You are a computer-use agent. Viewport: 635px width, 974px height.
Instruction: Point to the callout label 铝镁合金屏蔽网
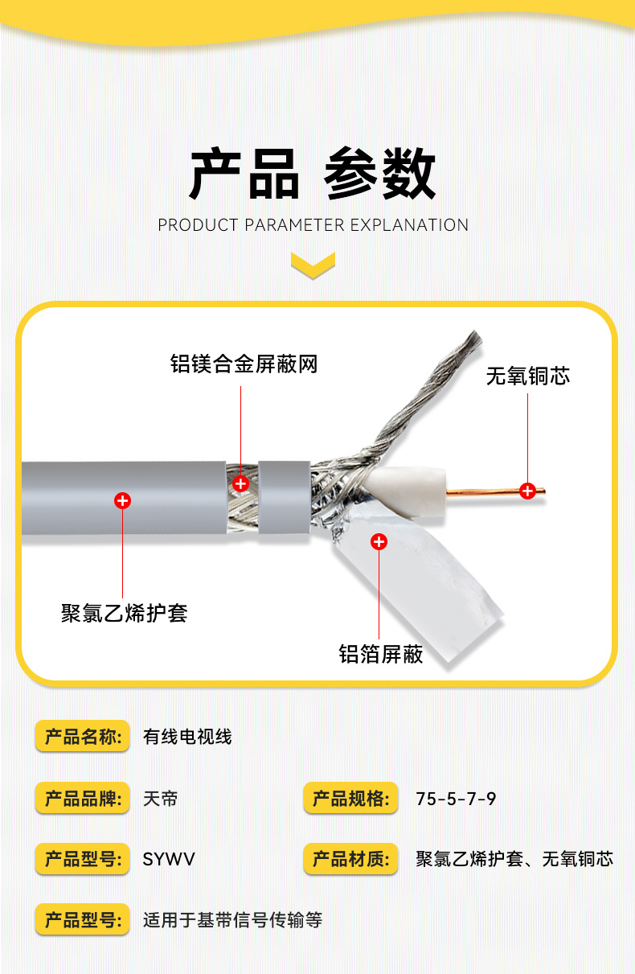click(244, 364)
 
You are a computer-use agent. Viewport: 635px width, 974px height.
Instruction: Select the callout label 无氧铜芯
click(527, 376)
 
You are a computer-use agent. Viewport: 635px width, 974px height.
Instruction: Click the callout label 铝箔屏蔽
click(380, 654)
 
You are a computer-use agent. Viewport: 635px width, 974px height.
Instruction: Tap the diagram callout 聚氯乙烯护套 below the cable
click(125, 613)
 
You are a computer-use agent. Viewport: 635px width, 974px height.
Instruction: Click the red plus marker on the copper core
click(527, 490)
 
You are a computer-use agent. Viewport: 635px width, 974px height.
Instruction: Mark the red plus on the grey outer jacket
click(122, 501)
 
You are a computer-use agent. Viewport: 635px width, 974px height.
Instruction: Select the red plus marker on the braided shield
click(240, 483)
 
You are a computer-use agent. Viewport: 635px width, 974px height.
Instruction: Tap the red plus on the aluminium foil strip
click(379, 542)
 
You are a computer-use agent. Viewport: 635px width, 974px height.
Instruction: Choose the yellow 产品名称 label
click(82, 736)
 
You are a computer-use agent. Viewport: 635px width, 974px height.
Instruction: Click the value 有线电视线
click(187, 737)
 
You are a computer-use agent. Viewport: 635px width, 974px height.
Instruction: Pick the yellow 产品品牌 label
click(82, 799)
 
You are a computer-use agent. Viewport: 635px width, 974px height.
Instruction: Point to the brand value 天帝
click(160, 799)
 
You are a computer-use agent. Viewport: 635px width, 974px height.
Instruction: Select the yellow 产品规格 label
click(350, 799)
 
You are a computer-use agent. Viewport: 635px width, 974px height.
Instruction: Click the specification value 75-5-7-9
click(456, 799)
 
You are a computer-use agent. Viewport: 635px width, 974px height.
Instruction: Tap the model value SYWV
click(169, 860)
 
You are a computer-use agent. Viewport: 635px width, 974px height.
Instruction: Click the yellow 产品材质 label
click(350, 859)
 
